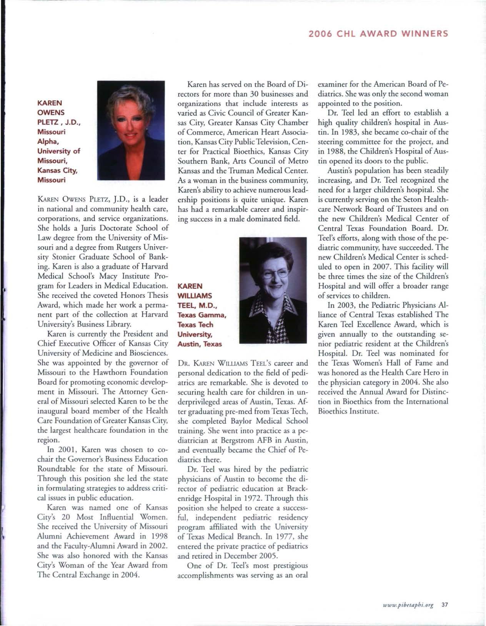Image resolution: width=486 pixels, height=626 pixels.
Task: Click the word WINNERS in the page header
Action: click(424, 33)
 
